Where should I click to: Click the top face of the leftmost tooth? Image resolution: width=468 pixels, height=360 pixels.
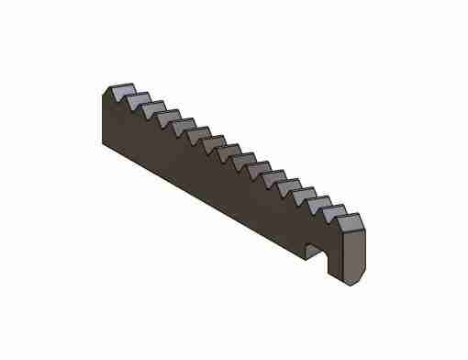119,90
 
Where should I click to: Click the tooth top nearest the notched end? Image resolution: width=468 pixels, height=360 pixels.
349,219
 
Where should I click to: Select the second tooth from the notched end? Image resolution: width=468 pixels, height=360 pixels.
331,210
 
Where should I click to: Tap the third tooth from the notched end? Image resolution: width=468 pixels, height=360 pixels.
315,200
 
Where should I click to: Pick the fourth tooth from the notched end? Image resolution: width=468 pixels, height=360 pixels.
298,191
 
